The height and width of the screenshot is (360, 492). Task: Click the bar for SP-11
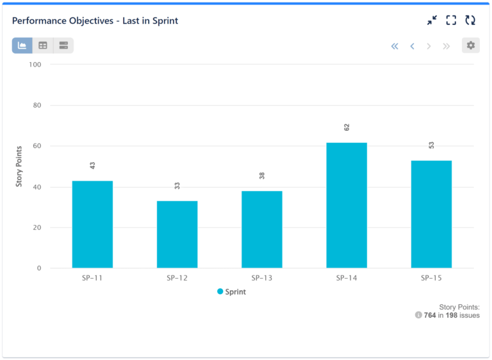pyautogui.click(x=92, y=224)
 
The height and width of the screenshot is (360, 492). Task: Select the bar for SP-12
pyautogui.click(x=177, y=234)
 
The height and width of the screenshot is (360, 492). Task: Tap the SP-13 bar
pyautogui.click(x=261, y=229)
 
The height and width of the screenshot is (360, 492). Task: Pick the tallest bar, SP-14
pyautogui.click(x=347, y=205)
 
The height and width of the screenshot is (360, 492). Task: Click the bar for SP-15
pyautogui.click(x=431, y=214)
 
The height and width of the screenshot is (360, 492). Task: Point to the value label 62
pyautogui.click(x=347, y=127)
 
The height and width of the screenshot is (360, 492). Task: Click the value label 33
pyautogui.click(x=177, y=186)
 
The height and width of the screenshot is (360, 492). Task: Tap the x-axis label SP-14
pyautogui.click(x=347, y=278)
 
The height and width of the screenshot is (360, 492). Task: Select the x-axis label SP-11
pyautogui.click(x=92, y=278)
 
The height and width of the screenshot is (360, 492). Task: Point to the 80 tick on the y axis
pyautogui.click(x=35, y=105)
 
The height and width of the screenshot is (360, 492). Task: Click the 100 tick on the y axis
pyautogui.click(x=34, y=65)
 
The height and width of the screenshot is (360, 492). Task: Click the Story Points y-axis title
pyautogui.click(x=19, y=167)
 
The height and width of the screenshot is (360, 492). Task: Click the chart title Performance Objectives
pyautogui.click(x=95, y=20)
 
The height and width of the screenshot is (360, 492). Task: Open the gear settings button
pyautogui.click(x=471, y=45)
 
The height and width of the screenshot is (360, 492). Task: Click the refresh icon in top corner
pyautogui.click(x=470, y=20)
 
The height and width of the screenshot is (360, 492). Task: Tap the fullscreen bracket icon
pyautogui.click(x=451, y=20)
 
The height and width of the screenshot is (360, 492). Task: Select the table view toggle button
pyautogui.click(x=43, y=45)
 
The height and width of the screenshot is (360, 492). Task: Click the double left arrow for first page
pyautogui.click(x=395, y=45)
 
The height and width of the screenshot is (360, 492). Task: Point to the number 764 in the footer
pyautogui.click(x=430, y=315)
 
